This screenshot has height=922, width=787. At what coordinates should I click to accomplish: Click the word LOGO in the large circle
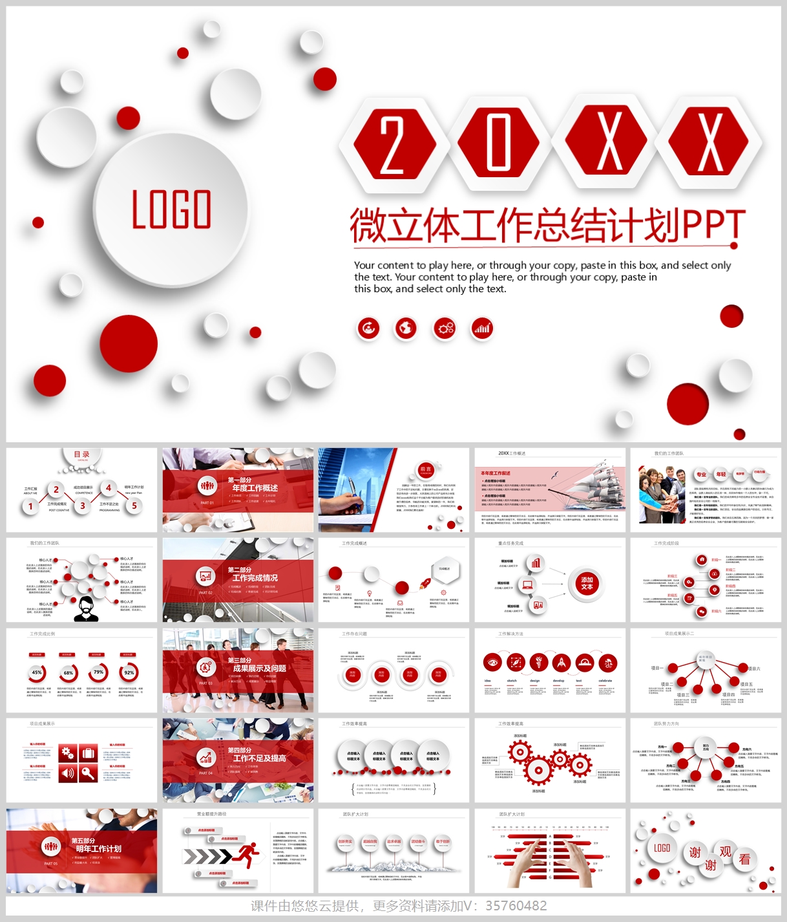coord(171,209)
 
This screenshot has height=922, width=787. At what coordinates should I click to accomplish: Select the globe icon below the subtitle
coord(406,328)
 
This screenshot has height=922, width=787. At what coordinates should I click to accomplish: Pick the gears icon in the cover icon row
coord(445,328)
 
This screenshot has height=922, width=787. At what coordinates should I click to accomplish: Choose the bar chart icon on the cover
coord(482,328)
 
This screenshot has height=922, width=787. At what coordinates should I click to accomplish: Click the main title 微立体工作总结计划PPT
coord(547,225)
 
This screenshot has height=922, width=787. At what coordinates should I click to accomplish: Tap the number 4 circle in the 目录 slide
coord(109,488)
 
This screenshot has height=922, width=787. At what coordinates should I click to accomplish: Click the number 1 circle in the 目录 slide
coord(30,506)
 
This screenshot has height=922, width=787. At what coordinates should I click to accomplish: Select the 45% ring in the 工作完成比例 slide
coord(37,672)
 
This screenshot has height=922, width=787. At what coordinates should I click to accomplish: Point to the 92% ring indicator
coord(129,672)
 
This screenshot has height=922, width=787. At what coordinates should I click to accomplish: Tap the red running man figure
coord(246,854)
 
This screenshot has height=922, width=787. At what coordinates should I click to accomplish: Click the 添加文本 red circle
coord(587,583)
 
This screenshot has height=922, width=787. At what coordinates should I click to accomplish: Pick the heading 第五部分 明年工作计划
coord(97,845)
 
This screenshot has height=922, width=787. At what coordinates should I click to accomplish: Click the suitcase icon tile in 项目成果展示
coord(89,753)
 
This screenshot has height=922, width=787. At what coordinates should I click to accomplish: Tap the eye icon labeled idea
coord(493,662)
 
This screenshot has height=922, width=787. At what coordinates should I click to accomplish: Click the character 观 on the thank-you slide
coord(725,852)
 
